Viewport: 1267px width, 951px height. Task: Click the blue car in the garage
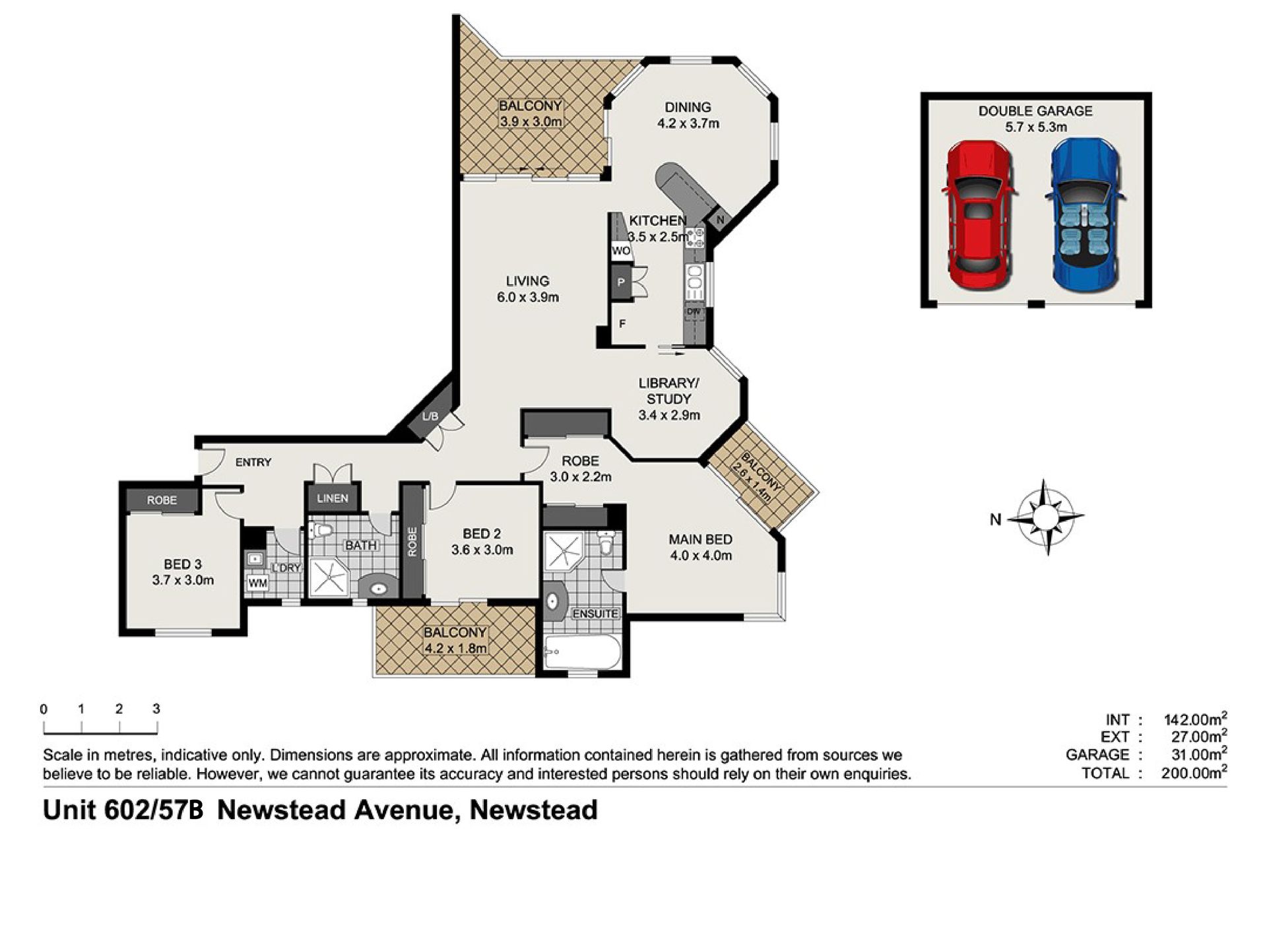(x=1085, y=215)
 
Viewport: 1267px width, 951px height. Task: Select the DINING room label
(x=688, y=107)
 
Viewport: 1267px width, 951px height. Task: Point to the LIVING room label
(x=528, y=281)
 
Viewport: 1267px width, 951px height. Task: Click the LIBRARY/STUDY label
(x=668, y=391)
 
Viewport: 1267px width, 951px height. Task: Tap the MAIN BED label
(x=701, y=539)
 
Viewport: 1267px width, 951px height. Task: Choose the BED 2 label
(x=482, y=534)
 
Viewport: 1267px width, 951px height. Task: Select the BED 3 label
(x=183, y=564)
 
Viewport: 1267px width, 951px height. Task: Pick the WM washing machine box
(x=257, y=583)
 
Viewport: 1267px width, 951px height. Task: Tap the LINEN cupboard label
(x=332, y=498)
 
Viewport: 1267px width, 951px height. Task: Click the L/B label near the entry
(x=430, y=416)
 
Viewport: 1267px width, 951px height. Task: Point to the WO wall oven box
(x=621, y=251)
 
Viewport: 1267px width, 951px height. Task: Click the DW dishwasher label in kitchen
(x=694, y=312)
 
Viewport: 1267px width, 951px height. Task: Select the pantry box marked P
(x=621, y=282)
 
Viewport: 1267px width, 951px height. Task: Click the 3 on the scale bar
(x=156, y=709)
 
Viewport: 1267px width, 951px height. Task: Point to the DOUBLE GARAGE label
(x=1035, y=111)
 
